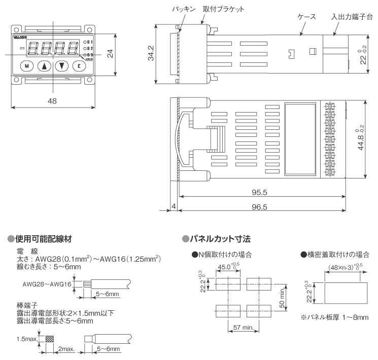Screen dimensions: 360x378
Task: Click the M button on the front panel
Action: click(x=28, y=65)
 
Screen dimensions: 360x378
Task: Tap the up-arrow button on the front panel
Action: click(x=45, y=65)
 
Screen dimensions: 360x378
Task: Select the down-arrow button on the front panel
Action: click(x=61, y=65)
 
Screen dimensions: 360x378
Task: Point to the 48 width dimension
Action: click(x=52, y=101)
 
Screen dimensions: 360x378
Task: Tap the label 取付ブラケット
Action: click(x=224, y=10)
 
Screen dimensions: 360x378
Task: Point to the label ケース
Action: click(x=306, y=17)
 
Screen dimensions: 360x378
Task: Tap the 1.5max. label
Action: click(x=26, y=338)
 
